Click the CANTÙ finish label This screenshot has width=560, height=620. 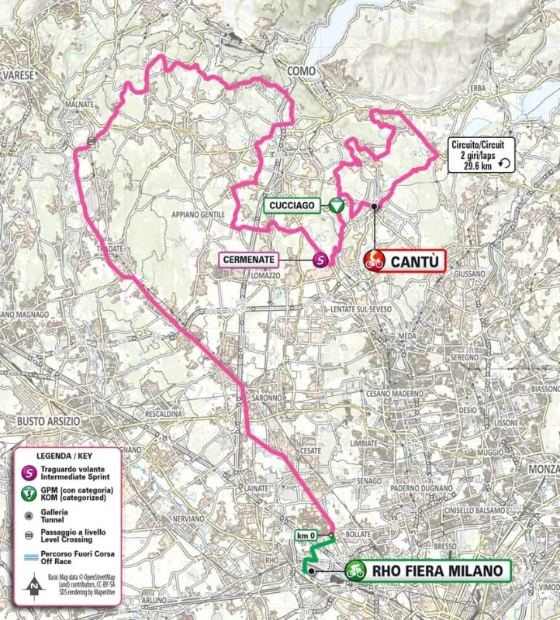click(x=417, y=261)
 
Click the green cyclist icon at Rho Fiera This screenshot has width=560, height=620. click(x=356, y=571)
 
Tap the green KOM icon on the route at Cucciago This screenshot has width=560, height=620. click(x=336, y=205)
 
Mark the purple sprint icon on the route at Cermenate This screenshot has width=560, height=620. click(x=320, y=261)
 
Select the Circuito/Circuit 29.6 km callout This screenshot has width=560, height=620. click(x=480, y=153)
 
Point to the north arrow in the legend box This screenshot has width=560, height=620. click(x=32, y=586)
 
